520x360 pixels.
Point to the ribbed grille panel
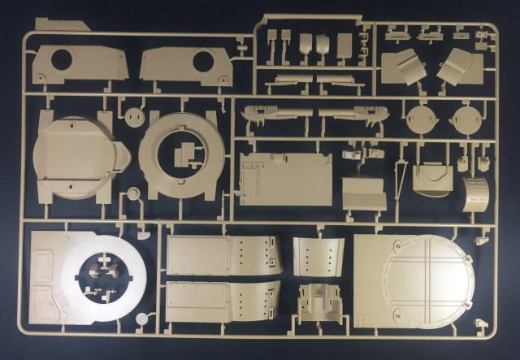pos(362,193)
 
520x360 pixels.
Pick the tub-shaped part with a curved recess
pos(432,178)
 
